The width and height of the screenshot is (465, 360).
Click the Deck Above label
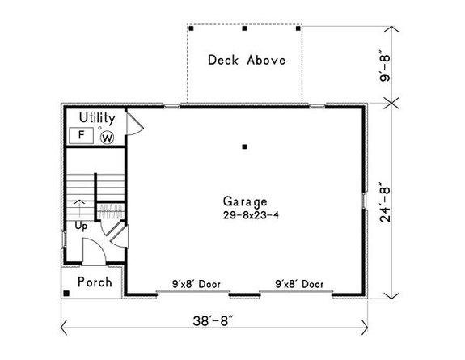point(246,60)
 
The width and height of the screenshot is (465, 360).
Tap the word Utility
point(97,118)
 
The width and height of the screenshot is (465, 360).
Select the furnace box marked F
point(82,136)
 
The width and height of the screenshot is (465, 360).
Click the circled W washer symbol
point(107,137)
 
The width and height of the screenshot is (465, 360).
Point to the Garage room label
point(246,201)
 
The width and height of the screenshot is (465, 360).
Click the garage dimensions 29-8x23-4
point(246,215)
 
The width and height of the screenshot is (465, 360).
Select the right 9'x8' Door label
point(299,284)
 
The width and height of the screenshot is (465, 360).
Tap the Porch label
point(95,282)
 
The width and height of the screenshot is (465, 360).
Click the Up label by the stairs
point(81,226)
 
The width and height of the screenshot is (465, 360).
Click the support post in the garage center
point(244,146)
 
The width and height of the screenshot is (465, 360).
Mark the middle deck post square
point(244,28)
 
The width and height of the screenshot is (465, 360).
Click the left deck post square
point(191,28)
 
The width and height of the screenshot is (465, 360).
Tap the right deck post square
point(298,28)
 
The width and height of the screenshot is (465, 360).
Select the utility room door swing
point(136,123)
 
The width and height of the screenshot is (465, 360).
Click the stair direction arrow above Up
point(78,207)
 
